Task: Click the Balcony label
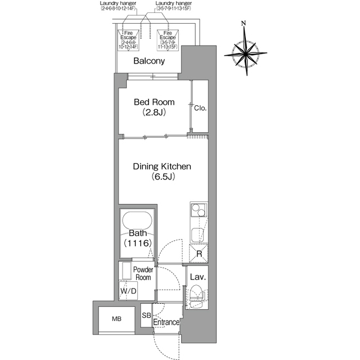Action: (149, 61)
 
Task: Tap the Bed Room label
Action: (154, 102)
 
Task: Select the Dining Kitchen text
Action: (162, 166)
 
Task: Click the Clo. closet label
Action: (200, 108)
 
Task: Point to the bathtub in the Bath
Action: (137, 220)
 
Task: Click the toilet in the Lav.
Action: (197, 296)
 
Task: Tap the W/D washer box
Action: (128, 291)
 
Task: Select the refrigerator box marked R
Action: (199, 253)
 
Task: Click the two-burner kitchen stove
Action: (199, 210)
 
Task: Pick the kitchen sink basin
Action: (197, 235)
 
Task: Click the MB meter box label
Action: (116, 319)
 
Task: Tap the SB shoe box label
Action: (146, 315)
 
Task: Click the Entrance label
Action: (166, 322)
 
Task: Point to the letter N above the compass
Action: (244, 23)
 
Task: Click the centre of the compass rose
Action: (246, 54)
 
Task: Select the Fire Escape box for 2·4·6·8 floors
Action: (128, 40)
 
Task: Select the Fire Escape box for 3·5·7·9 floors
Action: (168, 40)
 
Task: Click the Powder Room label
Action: (143, 273)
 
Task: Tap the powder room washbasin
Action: (126, 271)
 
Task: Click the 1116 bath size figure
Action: (138, 243)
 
